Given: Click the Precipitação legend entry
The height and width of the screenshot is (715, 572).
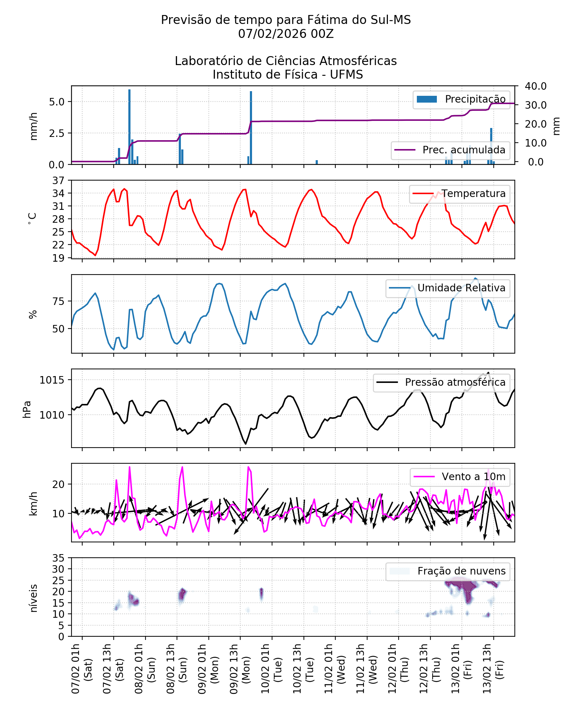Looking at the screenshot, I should pyautogui.click(x=461, y=99).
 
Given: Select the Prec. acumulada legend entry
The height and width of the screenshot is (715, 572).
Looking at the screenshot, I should pyautogui.click(x=450, y=150).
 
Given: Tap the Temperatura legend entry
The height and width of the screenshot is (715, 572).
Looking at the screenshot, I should pyautogui.click(x=460, y=194).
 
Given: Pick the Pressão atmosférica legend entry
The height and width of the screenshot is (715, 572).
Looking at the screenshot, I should pyautogui.click(x=441, y=383).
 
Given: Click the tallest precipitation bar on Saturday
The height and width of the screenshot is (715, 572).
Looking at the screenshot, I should pyautogui.click(x=129, y=127).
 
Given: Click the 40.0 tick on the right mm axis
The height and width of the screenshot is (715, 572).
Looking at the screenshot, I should pyautogui.click(x=536, y=86).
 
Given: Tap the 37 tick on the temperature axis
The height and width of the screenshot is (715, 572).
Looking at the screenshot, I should pyautogui.click(x=58, y=181).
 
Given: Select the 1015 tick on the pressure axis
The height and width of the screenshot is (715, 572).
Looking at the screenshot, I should pyautogui.click(x=52, y=380).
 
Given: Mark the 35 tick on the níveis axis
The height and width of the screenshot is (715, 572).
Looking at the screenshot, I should pyautogui.click(x=58, y=558).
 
